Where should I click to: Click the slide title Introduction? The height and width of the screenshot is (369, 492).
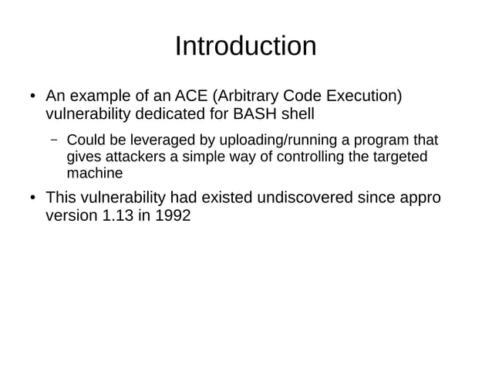[x=245, y=46]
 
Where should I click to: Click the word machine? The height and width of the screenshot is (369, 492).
[x=94, y=173]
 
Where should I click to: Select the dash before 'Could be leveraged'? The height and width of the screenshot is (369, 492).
[x=55, y=142]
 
